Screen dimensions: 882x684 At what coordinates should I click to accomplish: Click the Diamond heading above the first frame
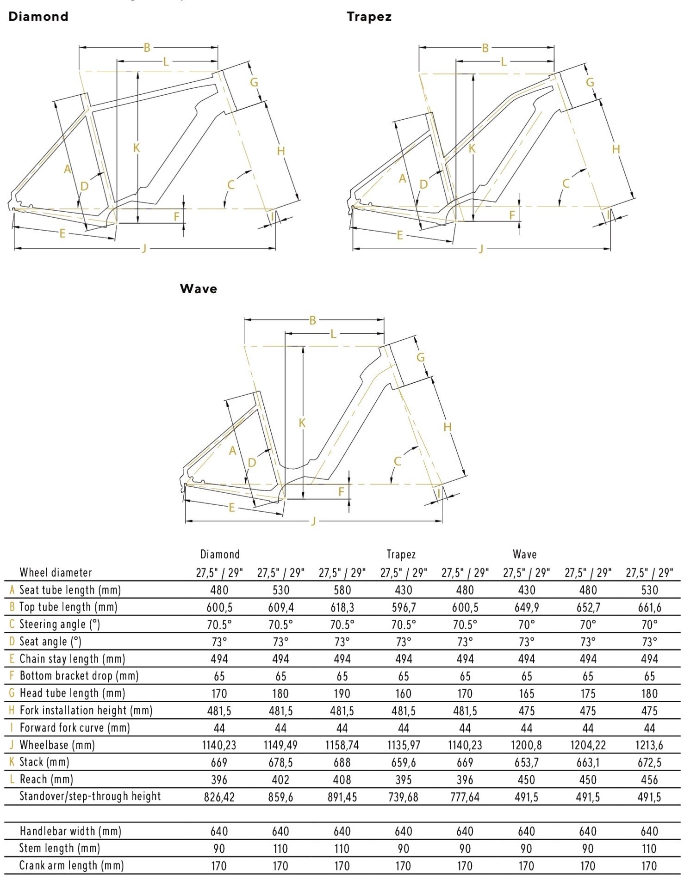point(38,17)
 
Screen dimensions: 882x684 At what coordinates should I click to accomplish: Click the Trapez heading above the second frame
point(369,17)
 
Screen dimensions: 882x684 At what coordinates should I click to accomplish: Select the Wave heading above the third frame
point(198,288)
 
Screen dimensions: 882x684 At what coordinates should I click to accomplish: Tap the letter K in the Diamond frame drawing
point(136,148)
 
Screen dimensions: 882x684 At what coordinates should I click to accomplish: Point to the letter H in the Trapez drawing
point(616,149)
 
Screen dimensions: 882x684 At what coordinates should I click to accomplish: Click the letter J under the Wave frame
point(313,521)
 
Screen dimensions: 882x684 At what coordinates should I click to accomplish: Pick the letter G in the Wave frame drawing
point(421,357)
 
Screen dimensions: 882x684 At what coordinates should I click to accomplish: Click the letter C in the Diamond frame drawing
point(231,185)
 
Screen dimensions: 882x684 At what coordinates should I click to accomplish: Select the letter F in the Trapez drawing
point(512,215)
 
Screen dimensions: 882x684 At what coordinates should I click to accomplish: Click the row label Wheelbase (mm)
point(57,745)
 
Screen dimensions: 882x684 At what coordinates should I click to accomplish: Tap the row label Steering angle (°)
point(59,624)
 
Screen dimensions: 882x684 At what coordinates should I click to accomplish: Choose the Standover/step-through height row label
point(90,796)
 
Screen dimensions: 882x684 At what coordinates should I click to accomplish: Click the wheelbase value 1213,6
point(649,745)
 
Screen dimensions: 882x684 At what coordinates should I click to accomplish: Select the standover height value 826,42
point(219,797)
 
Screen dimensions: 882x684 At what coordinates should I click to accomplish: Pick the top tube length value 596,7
point(404,607)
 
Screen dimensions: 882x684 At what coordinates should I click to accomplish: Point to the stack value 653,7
point(526,762)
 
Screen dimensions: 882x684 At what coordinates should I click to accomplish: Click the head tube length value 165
point(526,693)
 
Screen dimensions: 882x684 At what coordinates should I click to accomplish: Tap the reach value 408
point(342,780)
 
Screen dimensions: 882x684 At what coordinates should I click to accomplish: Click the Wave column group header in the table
point(524,554)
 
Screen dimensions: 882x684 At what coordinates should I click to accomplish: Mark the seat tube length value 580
point(342,590)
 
